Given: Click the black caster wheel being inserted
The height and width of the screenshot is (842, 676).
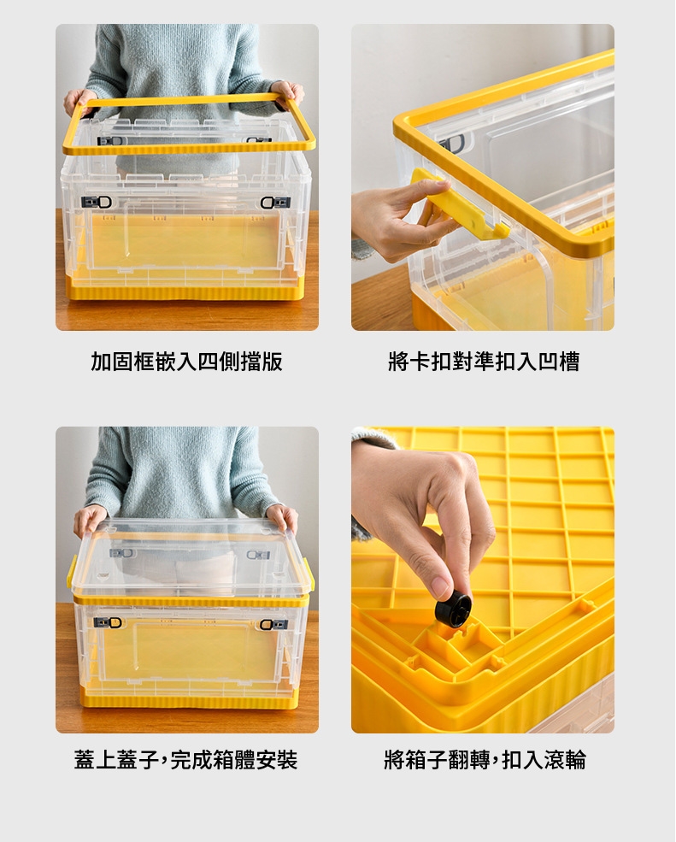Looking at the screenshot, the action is click(454, 612).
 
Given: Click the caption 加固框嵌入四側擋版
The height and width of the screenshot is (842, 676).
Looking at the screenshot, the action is click(186, 362).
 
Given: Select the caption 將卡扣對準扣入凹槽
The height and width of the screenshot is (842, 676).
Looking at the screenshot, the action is click(484, 362).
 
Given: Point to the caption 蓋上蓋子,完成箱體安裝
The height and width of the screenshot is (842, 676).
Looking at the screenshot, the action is click(185, 760).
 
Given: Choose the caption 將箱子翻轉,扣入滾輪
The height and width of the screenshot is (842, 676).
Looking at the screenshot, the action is click(485, 760).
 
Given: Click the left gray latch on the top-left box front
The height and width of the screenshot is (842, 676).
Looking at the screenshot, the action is click(96, 202).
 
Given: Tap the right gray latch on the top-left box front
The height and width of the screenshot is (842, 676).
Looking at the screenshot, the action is click(275, 203).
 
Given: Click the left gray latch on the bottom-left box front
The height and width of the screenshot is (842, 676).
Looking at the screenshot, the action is click(108, 622).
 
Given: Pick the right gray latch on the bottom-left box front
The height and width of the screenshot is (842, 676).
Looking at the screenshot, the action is click(273, 624).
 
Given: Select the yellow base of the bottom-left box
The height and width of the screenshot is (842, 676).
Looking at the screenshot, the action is click(189, 699).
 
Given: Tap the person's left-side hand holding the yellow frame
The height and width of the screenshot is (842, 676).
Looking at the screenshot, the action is click(79, 102).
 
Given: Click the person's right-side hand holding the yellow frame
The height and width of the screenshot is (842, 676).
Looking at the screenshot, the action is click(287, 94).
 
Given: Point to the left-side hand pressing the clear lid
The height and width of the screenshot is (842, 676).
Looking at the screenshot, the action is click(89, 519).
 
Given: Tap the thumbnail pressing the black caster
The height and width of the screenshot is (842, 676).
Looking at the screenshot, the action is click(441, 588).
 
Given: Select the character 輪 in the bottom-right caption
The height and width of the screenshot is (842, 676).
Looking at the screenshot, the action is click(576, 760).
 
